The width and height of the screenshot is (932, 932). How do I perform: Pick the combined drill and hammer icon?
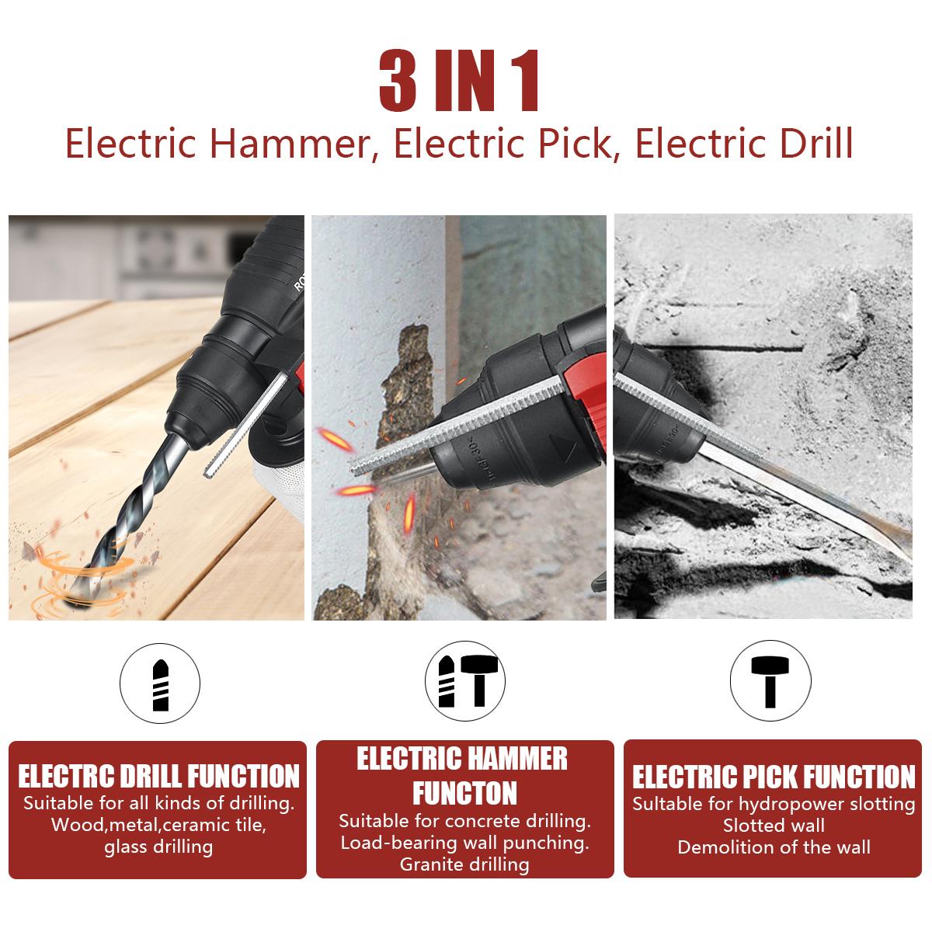coord(464,681)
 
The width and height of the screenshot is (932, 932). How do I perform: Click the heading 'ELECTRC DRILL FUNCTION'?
coord(158,776)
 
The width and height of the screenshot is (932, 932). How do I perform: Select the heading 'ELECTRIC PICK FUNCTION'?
coord(774,777)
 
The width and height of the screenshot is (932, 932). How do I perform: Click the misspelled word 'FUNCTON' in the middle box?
coord(464,793)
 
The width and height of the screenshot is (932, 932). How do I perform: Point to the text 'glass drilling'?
coord(158,846)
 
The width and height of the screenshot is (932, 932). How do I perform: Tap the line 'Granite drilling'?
coord(464,864)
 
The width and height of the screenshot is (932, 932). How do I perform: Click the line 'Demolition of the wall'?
coord(774,847)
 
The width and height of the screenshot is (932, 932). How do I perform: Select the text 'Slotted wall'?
coord(774,825)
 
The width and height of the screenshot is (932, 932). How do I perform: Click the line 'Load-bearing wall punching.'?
coord(464,842)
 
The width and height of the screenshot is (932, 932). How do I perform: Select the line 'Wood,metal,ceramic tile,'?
coord(158,824)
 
